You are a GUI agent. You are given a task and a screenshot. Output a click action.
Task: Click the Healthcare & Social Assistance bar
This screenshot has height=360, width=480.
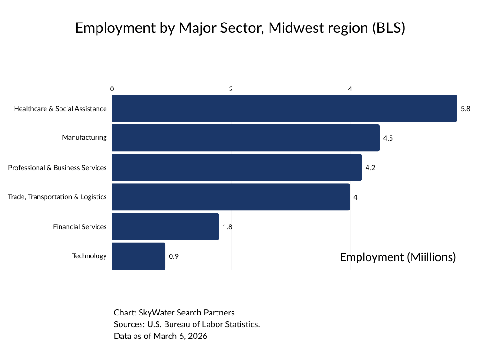(x=284, y=108)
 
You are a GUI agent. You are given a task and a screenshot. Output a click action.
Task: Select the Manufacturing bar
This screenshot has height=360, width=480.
(x=246, y=138)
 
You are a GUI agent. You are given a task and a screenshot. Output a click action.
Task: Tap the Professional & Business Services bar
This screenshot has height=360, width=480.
(x=237, y=167)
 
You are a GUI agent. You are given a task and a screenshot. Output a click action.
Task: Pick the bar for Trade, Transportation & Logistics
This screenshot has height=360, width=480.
(x=231, y=197)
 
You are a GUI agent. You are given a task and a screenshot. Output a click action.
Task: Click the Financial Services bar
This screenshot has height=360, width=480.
(x=165, y=226)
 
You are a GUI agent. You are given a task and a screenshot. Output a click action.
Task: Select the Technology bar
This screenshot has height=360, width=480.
(x=139, y=256)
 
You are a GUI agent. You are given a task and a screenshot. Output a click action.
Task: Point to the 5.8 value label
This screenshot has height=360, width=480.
(x=465, y=108)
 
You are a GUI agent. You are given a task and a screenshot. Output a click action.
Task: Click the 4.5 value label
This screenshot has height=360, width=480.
(x=388, y=138)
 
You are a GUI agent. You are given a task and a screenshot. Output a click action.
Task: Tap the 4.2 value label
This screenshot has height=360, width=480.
(x=370, y=168)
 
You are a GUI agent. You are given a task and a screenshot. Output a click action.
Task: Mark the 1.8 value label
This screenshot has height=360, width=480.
(x=227, y=227)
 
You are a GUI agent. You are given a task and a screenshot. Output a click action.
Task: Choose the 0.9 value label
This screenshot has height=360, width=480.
(x=173, y=256)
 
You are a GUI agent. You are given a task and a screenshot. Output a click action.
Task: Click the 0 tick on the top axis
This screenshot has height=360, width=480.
(x=112, y=89)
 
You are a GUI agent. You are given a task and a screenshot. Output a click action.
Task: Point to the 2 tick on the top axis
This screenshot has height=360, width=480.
(x=231, y=89)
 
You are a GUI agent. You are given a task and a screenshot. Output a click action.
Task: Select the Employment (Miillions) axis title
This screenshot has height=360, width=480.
(x=397, y=257)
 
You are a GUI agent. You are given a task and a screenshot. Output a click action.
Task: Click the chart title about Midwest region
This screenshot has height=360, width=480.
(x=240, y=28)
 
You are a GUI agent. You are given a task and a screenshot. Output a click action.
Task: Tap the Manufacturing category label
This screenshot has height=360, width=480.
(x=84, y=137)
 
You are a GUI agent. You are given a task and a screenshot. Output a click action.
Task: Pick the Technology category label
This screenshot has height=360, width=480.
(x=89, y=256)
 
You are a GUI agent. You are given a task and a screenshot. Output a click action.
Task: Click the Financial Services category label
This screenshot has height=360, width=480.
(x=80, y=226)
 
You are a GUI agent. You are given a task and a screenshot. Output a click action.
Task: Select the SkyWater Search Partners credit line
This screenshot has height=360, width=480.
(x=174, y=312)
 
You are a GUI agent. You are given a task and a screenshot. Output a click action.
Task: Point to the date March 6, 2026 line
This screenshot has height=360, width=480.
(x=160, y=336)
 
